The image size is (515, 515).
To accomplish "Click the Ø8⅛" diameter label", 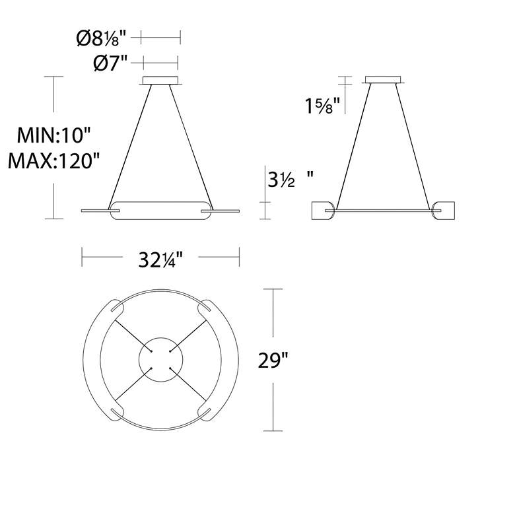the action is [x=101, y=38].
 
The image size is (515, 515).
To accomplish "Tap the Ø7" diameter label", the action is [x=110, y=63].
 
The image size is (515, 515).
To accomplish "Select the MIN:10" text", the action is [x=53, y=135].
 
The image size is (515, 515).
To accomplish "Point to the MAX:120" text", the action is [x=53, y=161].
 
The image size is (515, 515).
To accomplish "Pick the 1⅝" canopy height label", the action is [x=322, y=106].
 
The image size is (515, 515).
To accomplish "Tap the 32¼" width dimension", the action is [x=160, y=259].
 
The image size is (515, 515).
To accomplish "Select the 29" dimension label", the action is [x=273, y=360].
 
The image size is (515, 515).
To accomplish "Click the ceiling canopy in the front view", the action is [x=160, y=81].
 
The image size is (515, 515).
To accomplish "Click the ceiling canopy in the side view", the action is [x=384, y=80].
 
